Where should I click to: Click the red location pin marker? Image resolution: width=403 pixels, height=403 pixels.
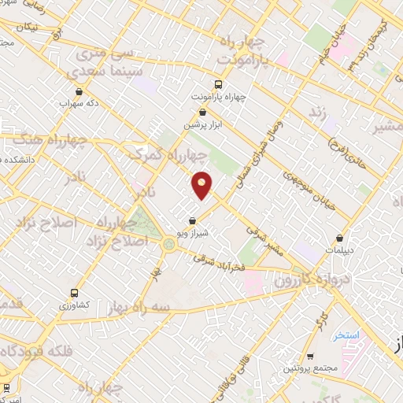tap(202, 183)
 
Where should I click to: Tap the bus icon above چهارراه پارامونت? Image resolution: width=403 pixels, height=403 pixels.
tap(219, 84)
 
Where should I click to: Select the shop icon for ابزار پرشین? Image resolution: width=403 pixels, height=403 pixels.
tap(204, 113)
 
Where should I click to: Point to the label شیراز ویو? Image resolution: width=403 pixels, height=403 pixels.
tap(193, 234)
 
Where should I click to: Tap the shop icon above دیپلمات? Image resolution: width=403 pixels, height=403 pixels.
tap(340, 237)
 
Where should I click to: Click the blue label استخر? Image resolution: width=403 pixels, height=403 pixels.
tap(346, 335)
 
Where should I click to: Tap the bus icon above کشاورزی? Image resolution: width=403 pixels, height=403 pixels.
tap(73, 290)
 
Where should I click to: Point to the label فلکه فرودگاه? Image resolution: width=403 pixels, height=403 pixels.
tap(38, 351)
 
